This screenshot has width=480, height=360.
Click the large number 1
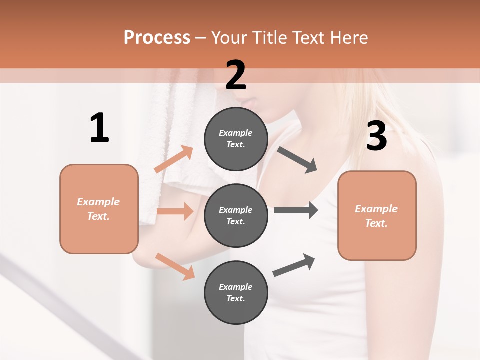point(99,128)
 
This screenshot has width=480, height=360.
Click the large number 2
point(236,75)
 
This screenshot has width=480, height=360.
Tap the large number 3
point(376,136)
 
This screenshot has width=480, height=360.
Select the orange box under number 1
point(99,209)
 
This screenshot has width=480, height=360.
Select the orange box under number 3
point(377,215)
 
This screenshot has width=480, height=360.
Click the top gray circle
point(236,139)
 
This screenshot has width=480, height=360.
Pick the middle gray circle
point(236,215)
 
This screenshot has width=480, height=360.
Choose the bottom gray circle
point(236,292)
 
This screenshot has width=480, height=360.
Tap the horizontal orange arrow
point(175,211)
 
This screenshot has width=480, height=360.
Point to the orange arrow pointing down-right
point(175,266)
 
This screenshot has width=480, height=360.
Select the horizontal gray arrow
point(295,210)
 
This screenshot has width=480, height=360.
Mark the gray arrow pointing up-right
point(294,265)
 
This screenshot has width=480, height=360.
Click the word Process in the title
point(157,38)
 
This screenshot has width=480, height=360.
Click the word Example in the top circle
point(236,133)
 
